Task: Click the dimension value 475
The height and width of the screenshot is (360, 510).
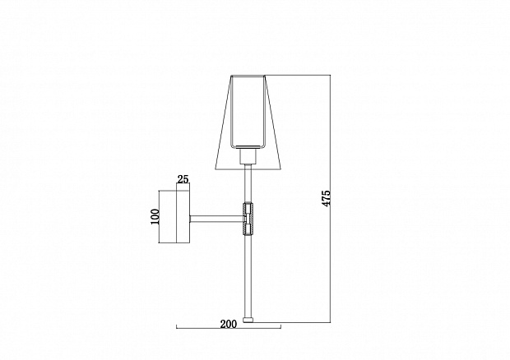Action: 326,198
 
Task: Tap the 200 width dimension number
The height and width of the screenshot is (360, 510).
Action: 229,324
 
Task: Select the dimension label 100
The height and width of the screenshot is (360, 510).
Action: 155,216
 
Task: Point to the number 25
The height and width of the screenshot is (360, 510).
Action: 183,179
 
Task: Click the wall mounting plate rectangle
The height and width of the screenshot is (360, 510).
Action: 183,217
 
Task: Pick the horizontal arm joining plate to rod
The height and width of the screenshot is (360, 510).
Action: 216,219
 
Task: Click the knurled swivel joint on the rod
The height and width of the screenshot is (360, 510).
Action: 248,219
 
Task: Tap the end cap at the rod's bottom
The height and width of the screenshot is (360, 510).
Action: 248,320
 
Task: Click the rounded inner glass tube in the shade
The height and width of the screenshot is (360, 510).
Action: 248,112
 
